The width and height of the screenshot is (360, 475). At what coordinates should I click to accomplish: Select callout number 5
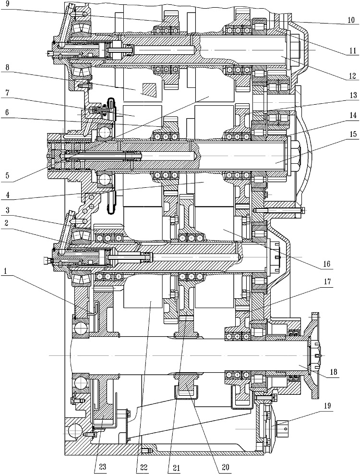pyautogui.click(x=7, y=175)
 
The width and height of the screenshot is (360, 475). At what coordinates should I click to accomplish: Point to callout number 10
pyautogui.click(x=351, y=20)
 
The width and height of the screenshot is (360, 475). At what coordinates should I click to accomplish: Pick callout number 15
pyautogui.click(x=352, y=134)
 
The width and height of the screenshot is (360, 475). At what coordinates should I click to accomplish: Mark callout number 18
pyautogui.click(x=334, y=372)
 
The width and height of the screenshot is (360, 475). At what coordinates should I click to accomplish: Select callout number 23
pyautogui.click(x=103, y=467)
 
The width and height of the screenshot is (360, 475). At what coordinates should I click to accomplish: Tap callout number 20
pyautogui.click(x=225, y=467)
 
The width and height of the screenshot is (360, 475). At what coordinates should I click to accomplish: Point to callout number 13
pyautogui.click(x=352, y=95)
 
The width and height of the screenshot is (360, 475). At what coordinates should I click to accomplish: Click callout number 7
pyautogui.click(x=7, y=93)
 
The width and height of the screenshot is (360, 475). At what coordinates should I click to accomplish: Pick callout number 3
pyautogui.click(x=7, y=210)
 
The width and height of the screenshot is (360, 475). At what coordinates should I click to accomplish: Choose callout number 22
pyautogui.click(x=144, y=467)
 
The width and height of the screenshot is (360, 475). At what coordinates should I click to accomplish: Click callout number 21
pyautogui.click(x=176, y=467)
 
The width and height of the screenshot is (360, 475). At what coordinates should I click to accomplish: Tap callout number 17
pyautogui.click(x=326, y=282)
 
